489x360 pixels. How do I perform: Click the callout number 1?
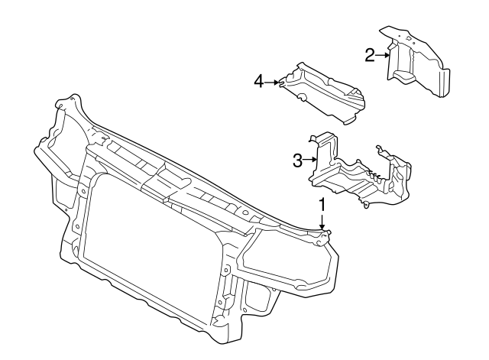pyautogui.click(x=322, y=204)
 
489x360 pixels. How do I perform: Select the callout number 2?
pyautogui.click(x=369, y=54)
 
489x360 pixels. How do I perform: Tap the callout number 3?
pyautogui.click(x=298, y=160)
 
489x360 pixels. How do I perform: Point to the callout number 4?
pyautogui.click(x=259, y=81)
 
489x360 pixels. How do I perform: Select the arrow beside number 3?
pyautogui.click(x=310, y=160)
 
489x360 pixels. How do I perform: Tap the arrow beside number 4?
pyautogui.click(x=274, y=81)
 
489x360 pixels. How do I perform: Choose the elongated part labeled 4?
pyautogui.click(x=325, y=96)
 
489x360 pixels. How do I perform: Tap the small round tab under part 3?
pyautogui.click(x=368, y=205)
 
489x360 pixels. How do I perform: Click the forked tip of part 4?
pyautogui.click(x=283, y=79)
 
